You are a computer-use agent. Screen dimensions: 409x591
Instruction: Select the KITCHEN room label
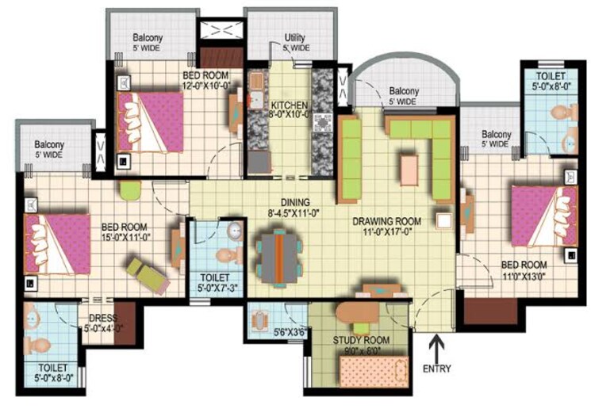click(290, 105)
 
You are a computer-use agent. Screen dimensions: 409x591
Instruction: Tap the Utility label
click(296, 38)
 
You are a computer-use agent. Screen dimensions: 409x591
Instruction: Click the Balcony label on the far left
click(49, 145)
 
